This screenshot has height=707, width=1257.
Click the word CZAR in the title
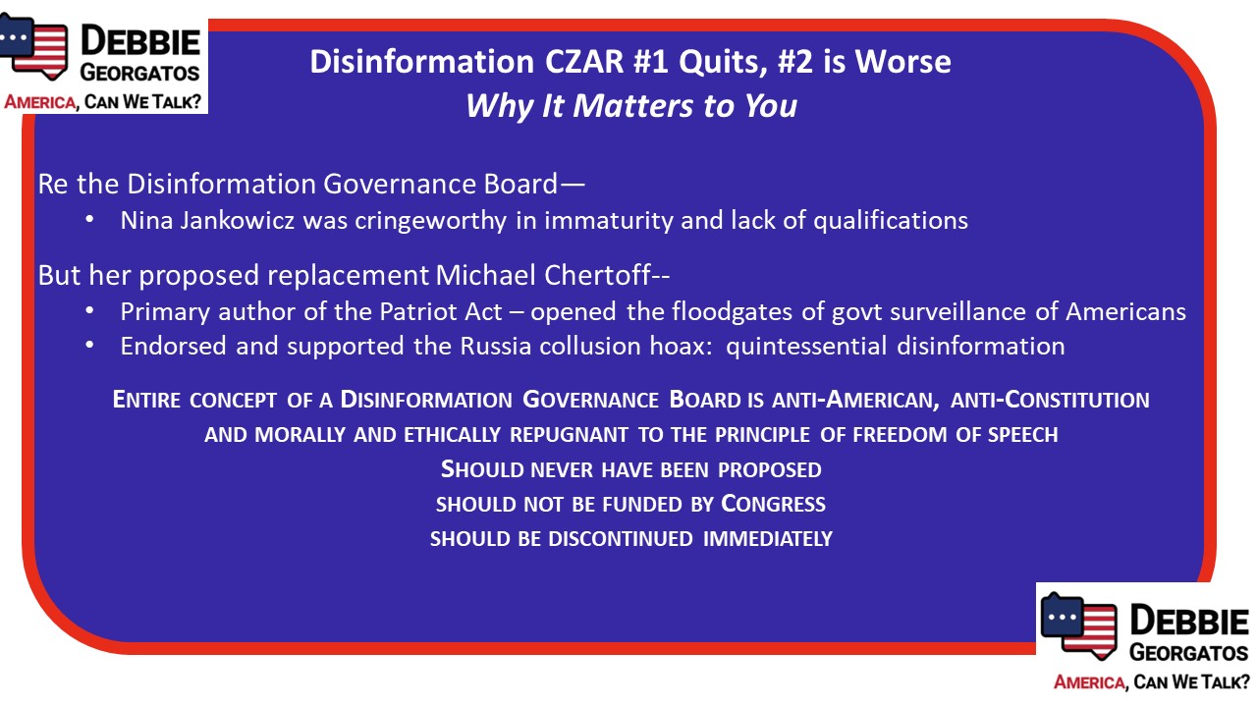pos(584,61)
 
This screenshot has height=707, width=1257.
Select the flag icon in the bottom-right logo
pos(1078,625)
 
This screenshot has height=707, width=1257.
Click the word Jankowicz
pos(237,221)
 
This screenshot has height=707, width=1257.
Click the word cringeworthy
pos(431,221)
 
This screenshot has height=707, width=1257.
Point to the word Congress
pos(773,504)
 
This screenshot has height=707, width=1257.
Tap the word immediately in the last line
pos(768,539)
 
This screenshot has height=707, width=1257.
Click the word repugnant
pos(569,435)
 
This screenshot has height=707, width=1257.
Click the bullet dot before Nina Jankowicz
pos(89,220)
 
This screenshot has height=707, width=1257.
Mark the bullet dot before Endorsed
pos(89,346)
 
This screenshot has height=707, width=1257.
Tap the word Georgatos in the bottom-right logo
pos(1188,653)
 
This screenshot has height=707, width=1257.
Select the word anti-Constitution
pos(1050,400)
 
